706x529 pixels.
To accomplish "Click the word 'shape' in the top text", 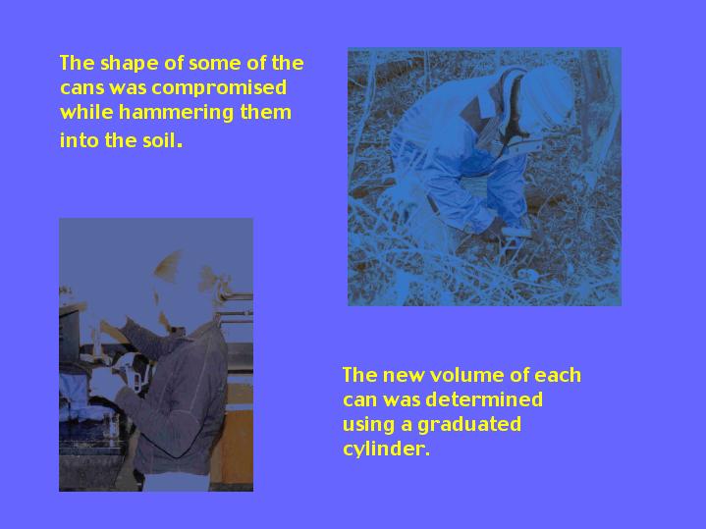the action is (128, 64).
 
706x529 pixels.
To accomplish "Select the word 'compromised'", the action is (219, 88).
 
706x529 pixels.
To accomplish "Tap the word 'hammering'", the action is (176, 113).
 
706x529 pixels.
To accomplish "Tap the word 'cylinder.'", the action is (386, 450).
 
